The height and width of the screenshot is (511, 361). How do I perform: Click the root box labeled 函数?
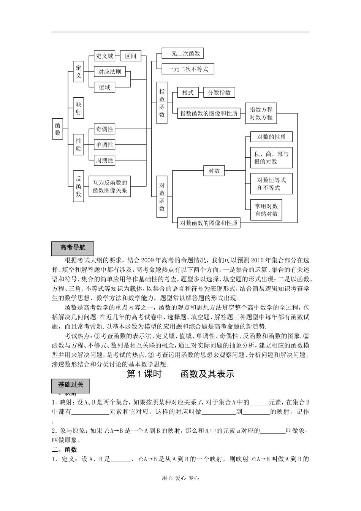coord(57,129)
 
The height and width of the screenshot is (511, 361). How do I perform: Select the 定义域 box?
coord(104,56)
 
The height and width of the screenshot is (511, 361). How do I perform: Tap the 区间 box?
coord(130,56)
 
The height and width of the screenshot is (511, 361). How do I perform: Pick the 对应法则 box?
coord(109,71)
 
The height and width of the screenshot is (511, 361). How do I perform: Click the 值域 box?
coord(104,87)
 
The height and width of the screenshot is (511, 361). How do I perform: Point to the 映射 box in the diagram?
coord(78,108)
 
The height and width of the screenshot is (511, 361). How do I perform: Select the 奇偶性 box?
coord(104,129)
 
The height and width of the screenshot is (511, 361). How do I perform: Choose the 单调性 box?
coord(104,144)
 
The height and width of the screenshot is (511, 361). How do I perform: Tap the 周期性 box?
coord(104,160)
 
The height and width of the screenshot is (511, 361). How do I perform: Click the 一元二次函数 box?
coord(182,53)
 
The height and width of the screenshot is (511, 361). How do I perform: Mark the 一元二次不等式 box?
coord(188,69)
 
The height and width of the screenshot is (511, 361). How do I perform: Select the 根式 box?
coord(188,92)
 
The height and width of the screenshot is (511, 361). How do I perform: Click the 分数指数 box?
coord(219,92)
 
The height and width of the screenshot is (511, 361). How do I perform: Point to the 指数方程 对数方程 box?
coord(261,113)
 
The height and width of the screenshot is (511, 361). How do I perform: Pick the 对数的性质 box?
coord(271,137)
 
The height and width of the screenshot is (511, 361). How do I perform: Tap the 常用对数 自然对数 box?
coord(266,210)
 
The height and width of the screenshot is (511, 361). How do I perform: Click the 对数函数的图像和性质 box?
coord(209,223)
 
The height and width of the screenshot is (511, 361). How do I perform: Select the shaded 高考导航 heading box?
coord(73,248)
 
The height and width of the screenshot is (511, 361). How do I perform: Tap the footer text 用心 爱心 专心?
coord(180,478)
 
